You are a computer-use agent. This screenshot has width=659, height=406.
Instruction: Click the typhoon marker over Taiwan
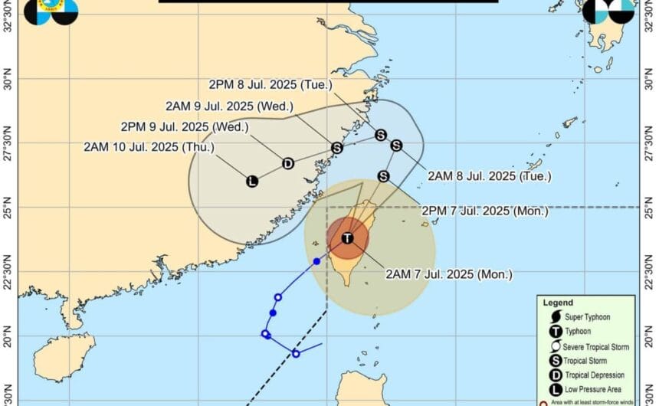(x=347, y=238)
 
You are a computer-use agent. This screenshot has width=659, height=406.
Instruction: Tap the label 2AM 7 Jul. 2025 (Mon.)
(x=448, y=274)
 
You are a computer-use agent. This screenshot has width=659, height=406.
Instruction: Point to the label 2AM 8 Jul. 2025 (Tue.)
(x=489, y=176)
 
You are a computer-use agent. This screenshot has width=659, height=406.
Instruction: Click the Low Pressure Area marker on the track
(x=251, y=182)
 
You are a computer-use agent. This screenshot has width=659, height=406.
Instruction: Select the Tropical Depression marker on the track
(x=287, y=163)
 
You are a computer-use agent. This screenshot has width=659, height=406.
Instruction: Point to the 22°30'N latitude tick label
(x=8, y=271)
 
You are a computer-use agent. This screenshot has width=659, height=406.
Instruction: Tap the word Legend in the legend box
(x=558, y=303)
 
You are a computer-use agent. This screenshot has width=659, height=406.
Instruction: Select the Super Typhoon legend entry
(x=591, y=317)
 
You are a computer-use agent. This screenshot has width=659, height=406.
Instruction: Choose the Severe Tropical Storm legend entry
(x=598, y=346)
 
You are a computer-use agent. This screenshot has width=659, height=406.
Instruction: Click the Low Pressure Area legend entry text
(x=596, y=389)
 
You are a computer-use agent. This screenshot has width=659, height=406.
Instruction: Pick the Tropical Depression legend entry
(x=597, y=375)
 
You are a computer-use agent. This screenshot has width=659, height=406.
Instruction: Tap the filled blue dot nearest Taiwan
(x=316, y=262)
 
